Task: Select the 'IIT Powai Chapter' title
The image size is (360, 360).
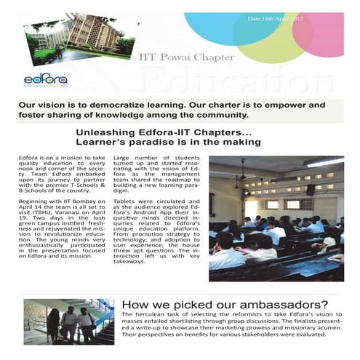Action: pyautogui.click(x=181, y=55)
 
